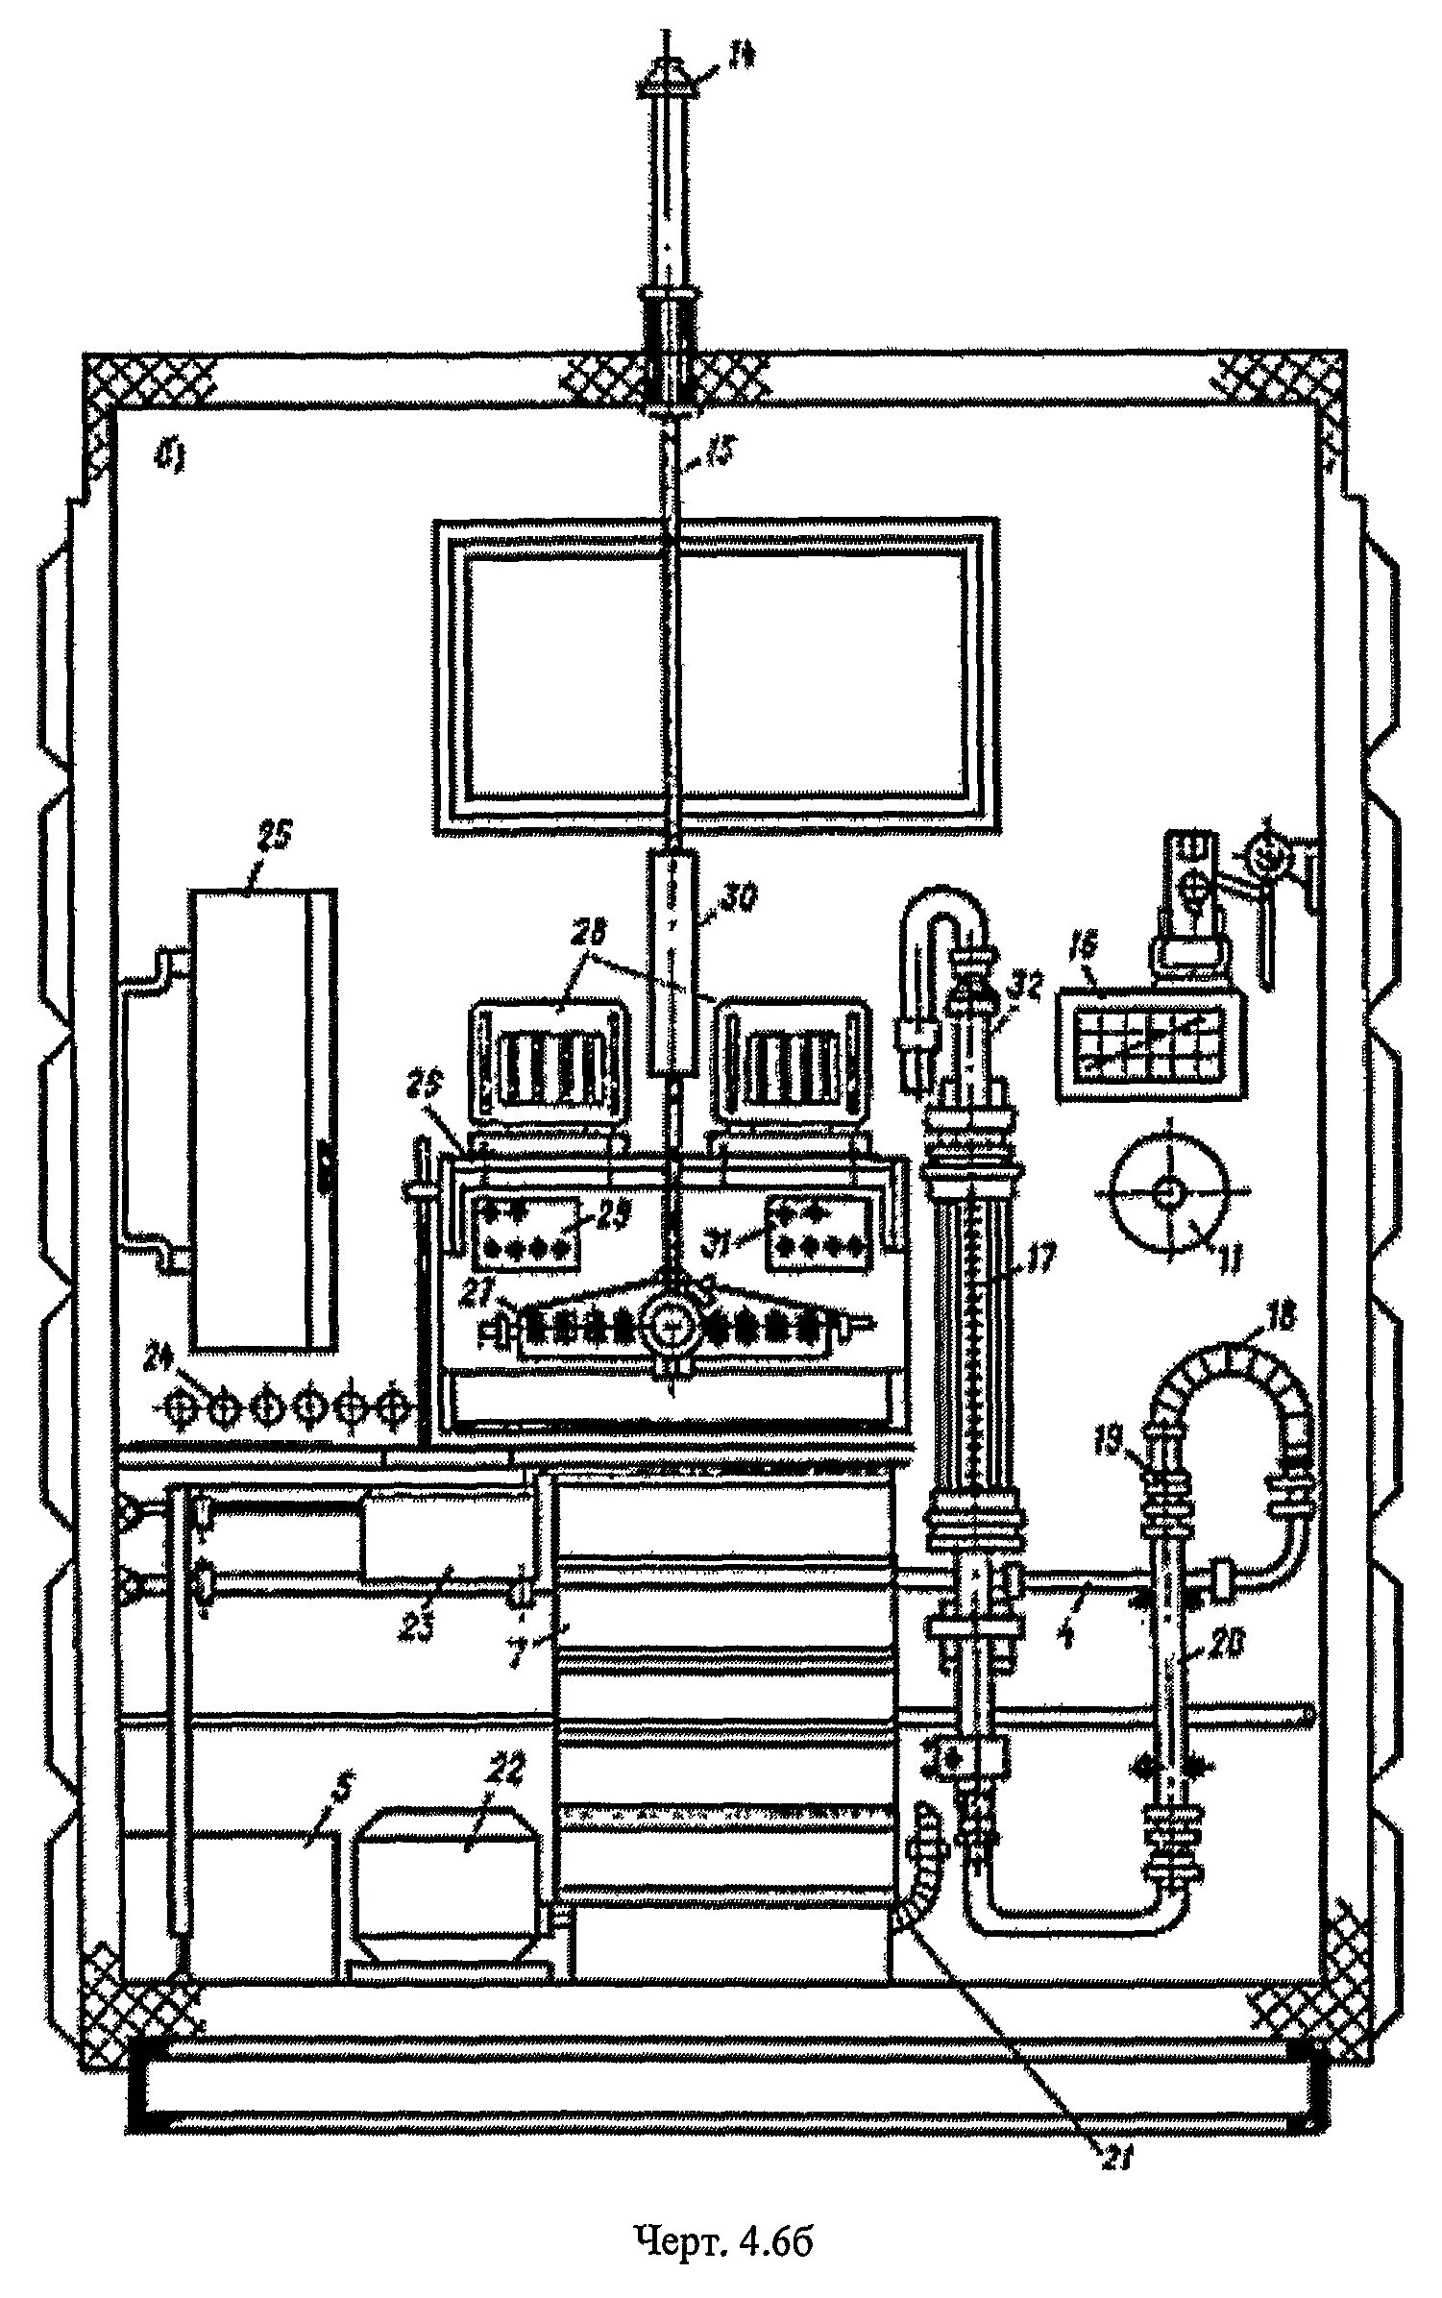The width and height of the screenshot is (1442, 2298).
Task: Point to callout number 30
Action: [x=737, y=898]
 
